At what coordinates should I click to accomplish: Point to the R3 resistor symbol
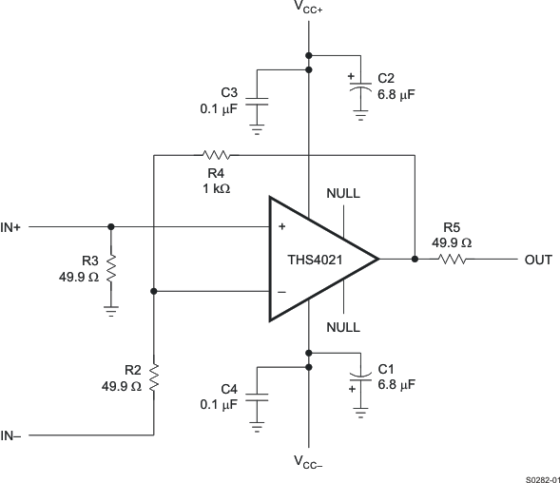coord(111,268)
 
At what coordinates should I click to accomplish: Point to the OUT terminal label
coord(538,259)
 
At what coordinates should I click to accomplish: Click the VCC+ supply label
coord(308,10)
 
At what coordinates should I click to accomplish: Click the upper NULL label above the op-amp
coord(342,193)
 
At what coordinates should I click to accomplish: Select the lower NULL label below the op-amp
coord(342,326)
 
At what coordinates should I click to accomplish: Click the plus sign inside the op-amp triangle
coord(281,228)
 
